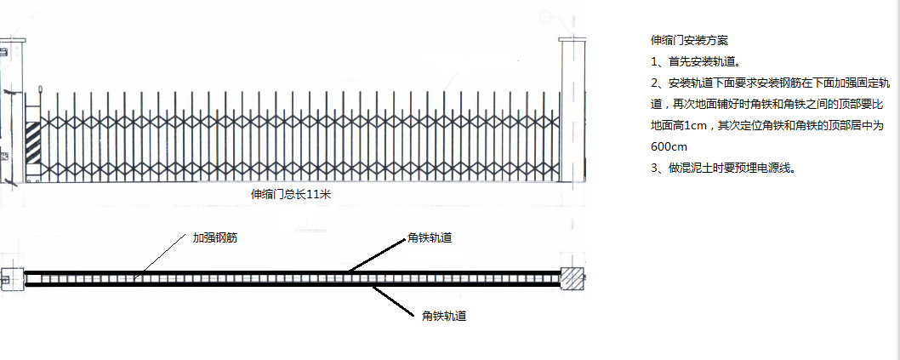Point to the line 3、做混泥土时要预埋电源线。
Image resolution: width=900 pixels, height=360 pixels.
click(x=723, y=168)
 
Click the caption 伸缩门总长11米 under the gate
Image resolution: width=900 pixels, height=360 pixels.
click(x=291, y=195)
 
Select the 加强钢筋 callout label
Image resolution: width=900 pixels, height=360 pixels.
click(x=214, y=237)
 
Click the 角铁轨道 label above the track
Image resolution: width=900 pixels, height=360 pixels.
click(x=430, y=237)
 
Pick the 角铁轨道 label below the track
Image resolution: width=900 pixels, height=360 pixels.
click(x=444, y=316)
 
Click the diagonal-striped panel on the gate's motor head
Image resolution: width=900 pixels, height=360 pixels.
click(x=32, y=142)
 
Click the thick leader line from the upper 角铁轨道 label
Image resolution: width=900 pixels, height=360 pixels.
click(x=376, y=254)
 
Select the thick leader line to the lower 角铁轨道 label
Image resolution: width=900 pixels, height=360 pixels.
click(x=393, y=301)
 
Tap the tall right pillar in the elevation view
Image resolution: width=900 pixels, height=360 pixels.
click(x=572, y=110)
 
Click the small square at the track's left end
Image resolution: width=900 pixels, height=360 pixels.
click(x=12, y=280)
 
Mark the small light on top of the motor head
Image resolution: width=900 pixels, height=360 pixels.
click(x=40, y=89)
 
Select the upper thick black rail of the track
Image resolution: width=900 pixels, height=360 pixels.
click(x=292, y=272)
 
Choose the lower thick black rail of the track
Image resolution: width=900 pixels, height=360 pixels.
click(x=292, y=285)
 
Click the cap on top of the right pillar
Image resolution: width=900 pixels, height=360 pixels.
click(x=572, y=39)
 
